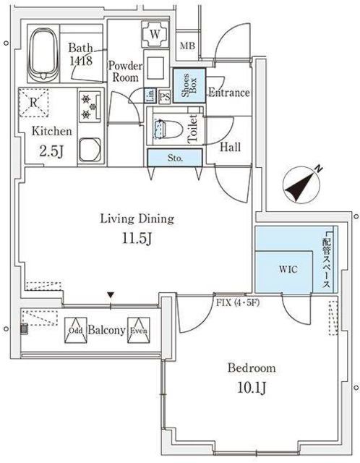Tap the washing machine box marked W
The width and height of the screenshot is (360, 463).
[x=155, y=33]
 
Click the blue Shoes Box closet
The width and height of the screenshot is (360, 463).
[x=187, y=88]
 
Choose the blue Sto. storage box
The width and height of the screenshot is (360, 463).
[x=175, y=158]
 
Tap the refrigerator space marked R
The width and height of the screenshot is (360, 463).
[x=33, y=101]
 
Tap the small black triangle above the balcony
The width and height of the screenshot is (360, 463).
[x=110, y=294]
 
